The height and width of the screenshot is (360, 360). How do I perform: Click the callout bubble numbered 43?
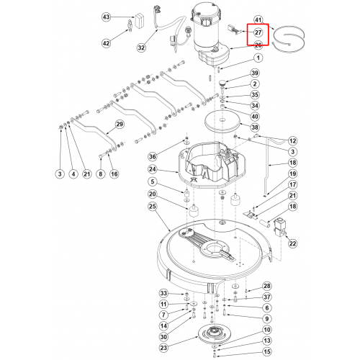(x=106, y=17)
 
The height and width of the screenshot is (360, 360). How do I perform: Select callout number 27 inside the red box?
(x=258, y=32)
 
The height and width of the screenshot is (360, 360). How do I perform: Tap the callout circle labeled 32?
(x=141, y=48)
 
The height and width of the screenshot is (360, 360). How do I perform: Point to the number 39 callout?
(x=255, y=73)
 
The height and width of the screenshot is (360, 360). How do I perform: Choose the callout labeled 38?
(x=255, y=127)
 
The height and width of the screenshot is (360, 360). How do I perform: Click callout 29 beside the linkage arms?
(x=120, y=124)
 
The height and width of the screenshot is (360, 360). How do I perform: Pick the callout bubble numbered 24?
(x=153, y=169)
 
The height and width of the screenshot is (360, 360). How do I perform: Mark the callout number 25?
(x=153, y=207)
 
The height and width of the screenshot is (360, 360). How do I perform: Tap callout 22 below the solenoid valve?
(x=292, y=243)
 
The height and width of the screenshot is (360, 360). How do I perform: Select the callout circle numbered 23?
(x=163, y=348)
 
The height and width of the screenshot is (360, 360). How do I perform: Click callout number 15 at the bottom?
(x=267, y=352)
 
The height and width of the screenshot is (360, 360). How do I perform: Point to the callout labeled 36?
(x=153, y=157)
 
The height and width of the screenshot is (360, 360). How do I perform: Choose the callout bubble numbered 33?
(x=163, y=293)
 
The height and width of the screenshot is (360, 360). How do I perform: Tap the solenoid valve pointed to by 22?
(x=279, y=228)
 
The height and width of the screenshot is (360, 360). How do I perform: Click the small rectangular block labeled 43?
(x=140, y=22)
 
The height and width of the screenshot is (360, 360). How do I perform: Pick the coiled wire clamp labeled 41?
(x=289, y=39)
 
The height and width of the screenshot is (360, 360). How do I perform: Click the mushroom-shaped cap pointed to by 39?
(x=222, y=83)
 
